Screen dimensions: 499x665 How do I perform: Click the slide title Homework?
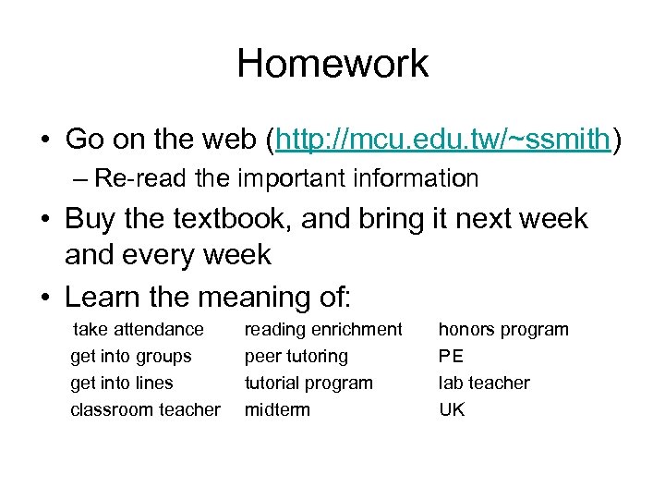[332, 64]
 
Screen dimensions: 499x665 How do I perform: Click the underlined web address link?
[442, 140]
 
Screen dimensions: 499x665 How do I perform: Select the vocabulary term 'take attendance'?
[139, 329]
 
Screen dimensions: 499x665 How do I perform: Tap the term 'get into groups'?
[131, 356]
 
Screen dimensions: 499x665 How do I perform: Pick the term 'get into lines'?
[122, 383]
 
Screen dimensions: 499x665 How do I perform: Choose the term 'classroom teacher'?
[146, 409]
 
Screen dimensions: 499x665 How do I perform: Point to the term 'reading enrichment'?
[323, 329]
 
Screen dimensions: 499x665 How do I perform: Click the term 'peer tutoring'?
[296, 356]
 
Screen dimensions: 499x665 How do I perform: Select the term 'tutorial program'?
[308, 383]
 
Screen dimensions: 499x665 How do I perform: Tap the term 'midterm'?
[277, 409]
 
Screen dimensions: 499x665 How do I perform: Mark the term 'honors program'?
[503, 329]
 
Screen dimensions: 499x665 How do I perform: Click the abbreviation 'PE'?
[452, 356]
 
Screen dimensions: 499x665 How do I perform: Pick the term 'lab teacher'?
[484, 383]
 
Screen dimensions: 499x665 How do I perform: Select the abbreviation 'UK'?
[452, 409]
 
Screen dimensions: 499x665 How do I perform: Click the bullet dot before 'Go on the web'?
[44, 141]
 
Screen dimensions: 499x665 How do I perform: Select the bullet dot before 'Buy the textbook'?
[44, 220]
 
